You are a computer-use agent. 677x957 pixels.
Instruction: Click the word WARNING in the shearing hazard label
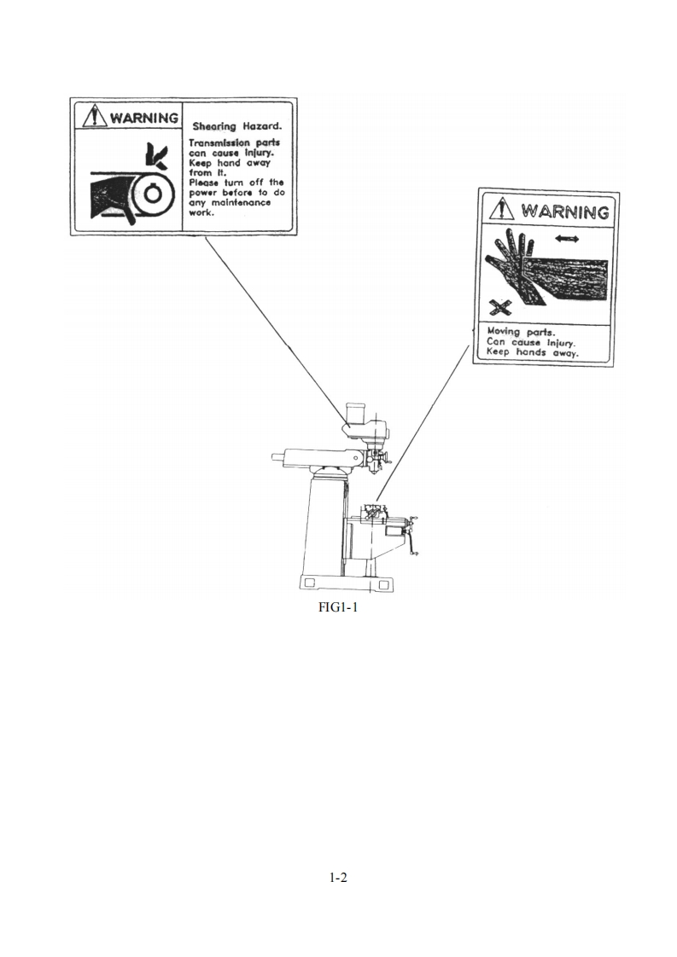tap(143, 117)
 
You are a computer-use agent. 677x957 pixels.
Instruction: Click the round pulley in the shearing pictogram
tap(152, 194)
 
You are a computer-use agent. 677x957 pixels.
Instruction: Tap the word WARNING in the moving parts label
tap(564, 211)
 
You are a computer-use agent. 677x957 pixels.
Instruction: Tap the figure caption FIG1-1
tap(338, 609)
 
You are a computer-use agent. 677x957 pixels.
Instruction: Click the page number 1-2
tap(338, 878)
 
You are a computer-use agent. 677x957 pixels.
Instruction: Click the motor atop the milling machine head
tap(355, 417)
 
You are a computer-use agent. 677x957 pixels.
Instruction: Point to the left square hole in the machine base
tap(311, 583)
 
